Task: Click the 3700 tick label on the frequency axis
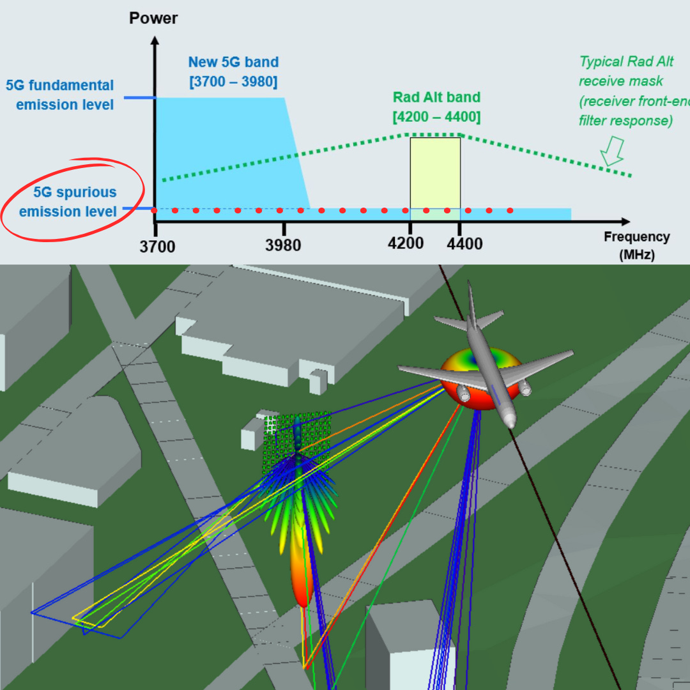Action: [157, 246]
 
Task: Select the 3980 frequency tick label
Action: [283, 246]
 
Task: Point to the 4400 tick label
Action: [464, 244]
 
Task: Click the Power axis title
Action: [153, 17]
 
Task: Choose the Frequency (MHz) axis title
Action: [636, 245]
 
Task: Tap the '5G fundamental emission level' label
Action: [60, 95]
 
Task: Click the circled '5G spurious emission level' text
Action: [68, 202]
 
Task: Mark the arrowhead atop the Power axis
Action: [154, 42]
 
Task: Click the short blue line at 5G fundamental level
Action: [139, 98]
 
